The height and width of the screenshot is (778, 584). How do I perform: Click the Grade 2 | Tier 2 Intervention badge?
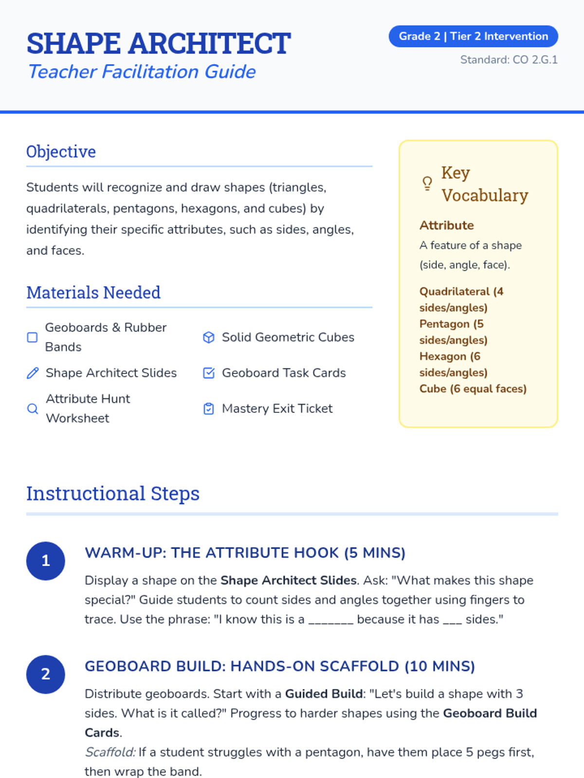(x=473, y=36)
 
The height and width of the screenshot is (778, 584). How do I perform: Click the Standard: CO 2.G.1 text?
(x=509, y=60)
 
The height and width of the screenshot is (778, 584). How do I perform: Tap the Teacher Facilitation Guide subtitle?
(x=142, y=72)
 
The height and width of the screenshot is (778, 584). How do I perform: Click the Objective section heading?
(x=61, y=152)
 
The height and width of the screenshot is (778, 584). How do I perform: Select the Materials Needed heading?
(x=93, y=293)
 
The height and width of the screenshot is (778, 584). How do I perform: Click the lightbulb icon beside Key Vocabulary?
(x=427, y=183)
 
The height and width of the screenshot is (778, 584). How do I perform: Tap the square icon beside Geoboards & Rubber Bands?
(x=32, y=337)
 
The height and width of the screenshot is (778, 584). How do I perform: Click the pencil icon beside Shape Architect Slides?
(x=33, y=373)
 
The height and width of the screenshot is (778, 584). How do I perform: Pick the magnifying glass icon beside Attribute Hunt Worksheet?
(x=33, y=408)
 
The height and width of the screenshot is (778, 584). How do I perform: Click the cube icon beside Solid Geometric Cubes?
(x=209, y=337)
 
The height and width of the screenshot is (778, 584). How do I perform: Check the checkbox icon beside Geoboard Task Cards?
(x=209, y=373)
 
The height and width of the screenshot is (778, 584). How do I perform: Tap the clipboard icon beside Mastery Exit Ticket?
(x=209, y=408)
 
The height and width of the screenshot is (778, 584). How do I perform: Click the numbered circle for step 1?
(x=46, y=561)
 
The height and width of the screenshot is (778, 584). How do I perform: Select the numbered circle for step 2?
(x=46, y=674)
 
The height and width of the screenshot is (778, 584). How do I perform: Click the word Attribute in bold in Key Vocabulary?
(x=446, y=225)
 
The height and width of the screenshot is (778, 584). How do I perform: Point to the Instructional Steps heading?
(x=113, y=494)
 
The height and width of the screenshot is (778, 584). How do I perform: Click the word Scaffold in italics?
(x=110, y=752)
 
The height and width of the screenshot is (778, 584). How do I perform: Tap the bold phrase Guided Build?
(x=324, y=694)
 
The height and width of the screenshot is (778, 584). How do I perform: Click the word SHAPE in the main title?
(x=73, y=44)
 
